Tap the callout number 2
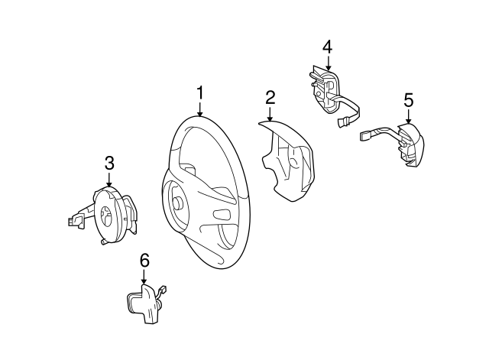click(x=270, y=97)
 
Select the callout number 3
click(x=109, y=162)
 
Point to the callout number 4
click(x=327, y=47)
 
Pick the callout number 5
click(x=408, y=99)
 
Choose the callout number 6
click(x=144, y=261)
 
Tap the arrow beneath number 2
click(x=270, y=114)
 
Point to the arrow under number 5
click(x=408, y=115)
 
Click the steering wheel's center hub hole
click(x=176, y=203)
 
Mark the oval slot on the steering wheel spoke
click(x=221, y=212)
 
